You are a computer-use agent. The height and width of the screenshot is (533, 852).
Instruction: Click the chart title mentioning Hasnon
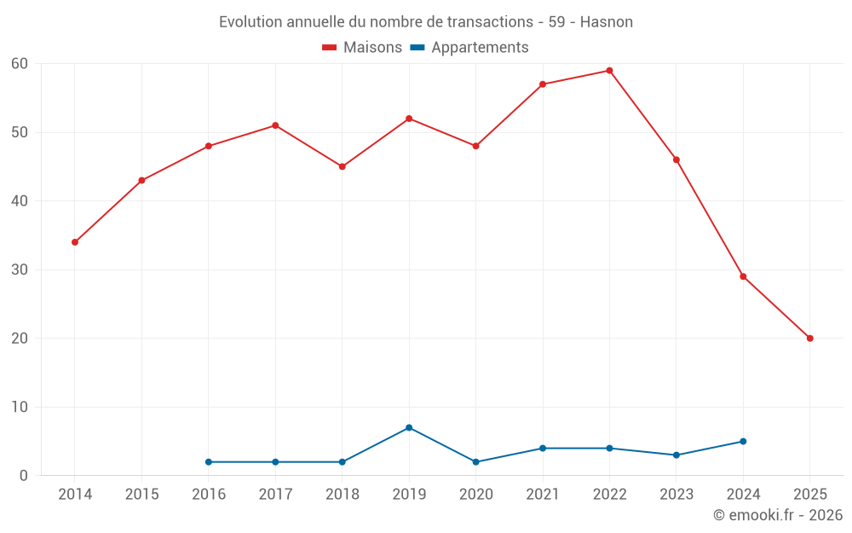coord(426,22)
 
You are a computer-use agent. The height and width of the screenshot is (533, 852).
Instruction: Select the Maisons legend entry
coord(362,48)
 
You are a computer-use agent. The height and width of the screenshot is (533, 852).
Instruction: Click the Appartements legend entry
coord(469,48)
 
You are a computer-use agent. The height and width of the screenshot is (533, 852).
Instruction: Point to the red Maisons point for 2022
coord(609,71)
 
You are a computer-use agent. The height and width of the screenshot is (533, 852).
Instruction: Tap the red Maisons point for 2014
coord(75,242)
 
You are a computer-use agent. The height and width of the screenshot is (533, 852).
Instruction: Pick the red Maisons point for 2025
coord(809,339)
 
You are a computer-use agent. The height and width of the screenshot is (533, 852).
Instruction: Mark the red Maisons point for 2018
coord(342,166)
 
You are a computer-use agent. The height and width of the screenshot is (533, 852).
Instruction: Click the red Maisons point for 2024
coord(743,276)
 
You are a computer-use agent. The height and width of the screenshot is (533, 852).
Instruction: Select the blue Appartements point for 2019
coord(409,427)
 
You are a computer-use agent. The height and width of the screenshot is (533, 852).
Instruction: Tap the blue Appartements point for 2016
coord(209,462)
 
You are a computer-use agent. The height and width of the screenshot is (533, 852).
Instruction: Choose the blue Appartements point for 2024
coord(743,442)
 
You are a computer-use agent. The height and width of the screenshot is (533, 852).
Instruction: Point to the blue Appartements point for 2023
coord(676,455)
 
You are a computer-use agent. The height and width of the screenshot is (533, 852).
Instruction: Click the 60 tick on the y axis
coord(20,64)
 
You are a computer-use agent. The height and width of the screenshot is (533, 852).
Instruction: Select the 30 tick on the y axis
coord(20,269)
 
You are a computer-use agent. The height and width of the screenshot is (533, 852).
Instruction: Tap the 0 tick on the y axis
coord(24,476)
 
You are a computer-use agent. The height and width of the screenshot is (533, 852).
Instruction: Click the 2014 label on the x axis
coord(75,495)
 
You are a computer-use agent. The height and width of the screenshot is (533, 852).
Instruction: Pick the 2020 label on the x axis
coord(475,495)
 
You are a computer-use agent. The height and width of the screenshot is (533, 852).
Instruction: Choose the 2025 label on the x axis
coord(809,495)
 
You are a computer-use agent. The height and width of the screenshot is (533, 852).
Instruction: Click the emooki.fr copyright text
coord(777,515)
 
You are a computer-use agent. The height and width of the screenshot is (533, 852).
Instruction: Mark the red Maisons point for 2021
coord(543,84)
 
